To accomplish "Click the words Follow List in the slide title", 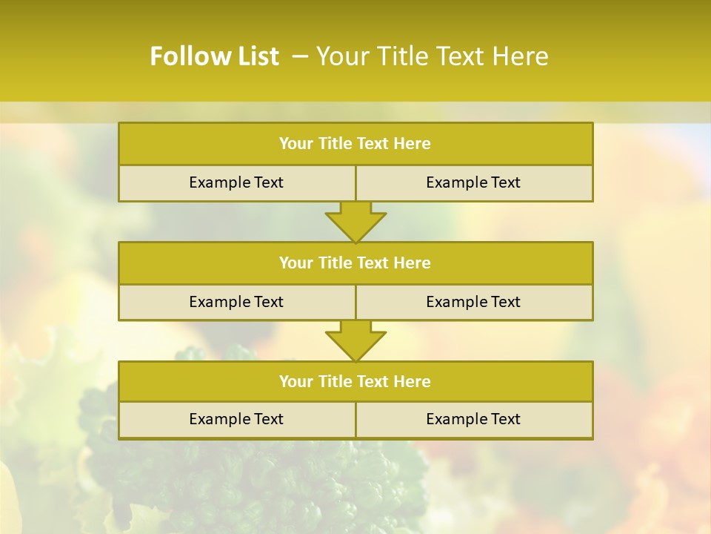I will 214,56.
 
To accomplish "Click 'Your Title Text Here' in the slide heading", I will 432,56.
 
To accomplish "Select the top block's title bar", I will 355,144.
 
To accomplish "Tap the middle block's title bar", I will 355,263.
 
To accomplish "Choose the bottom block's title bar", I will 355,381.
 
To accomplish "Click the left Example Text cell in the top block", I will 236,182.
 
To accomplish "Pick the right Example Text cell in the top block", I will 473,182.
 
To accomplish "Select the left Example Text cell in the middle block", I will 236,302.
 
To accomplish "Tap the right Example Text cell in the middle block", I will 473,302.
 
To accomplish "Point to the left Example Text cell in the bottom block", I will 236,419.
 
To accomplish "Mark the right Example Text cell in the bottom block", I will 473,419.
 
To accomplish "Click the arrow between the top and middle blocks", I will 355,222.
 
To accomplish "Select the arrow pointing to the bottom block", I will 355,341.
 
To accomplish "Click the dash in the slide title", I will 301,56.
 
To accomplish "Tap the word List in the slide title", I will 256,56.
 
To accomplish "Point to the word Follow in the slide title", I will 189,56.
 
